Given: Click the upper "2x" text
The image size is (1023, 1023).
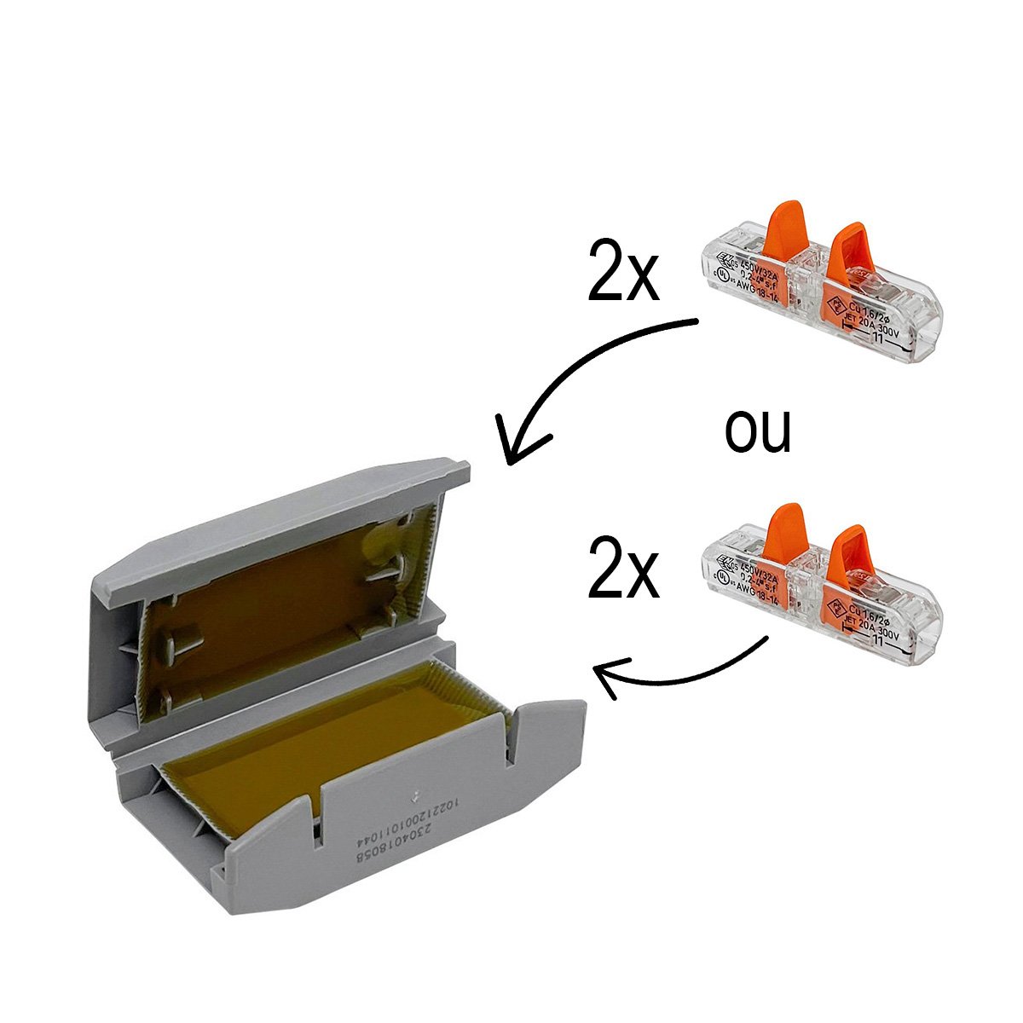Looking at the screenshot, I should pyautogui.click(x=624, y=272).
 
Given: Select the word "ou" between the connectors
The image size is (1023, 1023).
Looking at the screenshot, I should pyautogui.click(x=758, y=431).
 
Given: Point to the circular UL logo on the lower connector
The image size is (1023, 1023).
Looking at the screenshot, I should pyautogui.click(x=723, y=578).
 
